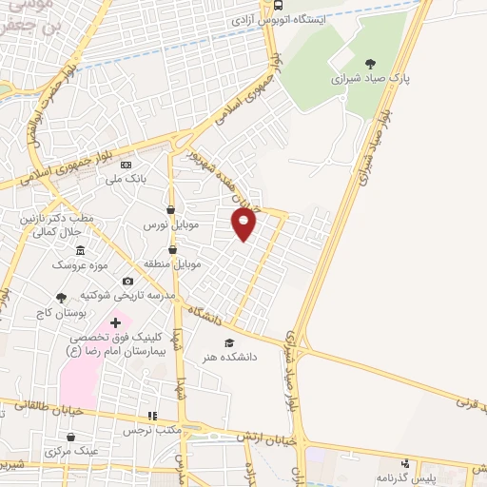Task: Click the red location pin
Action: click(244, 224)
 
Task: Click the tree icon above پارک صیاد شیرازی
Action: click(371, 64)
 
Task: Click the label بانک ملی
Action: click(126, 178)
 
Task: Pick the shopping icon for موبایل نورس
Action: click(170, 210)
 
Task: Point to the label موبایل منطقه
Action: click(171, 262)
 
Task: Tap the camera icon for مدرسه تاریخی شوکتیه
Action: click(127, 282)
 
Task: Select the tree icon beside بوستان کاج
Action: click(62, 298)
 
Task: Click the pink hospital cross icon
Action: click(116, 325)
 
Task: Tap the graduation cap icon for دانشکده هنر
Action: click(227, 342)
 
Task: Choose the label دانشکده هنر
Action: click(227, 358)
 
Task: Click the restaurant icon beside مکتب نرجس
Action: click(151, 417)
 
